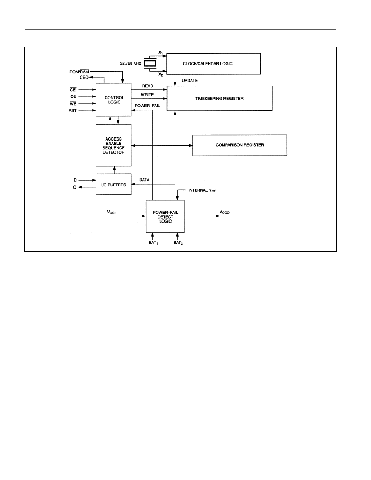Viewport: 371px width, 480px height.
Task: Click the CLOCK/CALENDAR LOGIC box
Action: coord(213,64)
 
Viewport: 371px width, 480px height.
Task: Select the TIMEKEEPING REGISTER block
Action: coord(220,98)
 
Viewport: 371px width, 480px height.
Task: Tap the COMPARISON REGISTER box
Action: coord(240,145)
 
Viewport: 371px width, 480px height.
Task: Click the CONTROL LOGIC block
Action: coord(113,99)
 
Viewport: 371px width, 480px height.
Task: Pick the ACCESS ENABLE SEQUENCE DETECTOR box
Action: coord(113,145)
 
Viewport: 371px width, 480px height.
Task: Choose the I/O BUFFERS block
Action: coord(113,184)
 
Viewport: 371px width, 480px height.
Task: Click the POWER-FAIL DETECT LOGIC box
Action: coord(165,216)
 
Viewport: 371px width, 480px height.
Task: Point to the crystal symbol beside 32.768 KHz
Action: coord(150,63)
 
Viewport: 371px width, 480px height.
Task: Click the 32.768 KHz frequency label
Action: coord(131,63)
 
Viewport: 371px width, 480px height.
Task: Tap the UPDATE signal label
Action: coord(190,81)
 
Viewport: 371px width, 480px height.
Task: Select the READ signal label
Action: coord(148,86)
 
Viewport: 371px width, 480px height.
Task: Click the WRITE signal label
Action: coord(147,95)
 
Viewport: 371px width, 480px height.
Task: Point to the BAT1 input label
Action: coord(153,243)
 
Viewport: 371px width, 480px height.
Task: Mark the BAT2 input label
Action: coord(178,243)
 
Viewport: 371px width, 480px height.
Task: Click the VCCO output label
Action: coord(224,212)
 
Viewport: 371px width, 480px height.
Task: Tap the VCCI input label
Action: coord(111,212)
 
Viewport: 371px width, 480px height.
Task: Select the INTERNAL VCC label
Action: coord(203,190)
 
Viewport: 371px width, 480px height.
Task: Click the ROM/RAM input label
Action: coord(79,72)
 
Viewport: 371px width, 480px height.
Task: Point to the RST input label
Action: coord(72,110)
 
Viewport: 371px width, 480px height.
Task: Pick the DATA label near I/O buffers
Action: coord(144,180)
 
